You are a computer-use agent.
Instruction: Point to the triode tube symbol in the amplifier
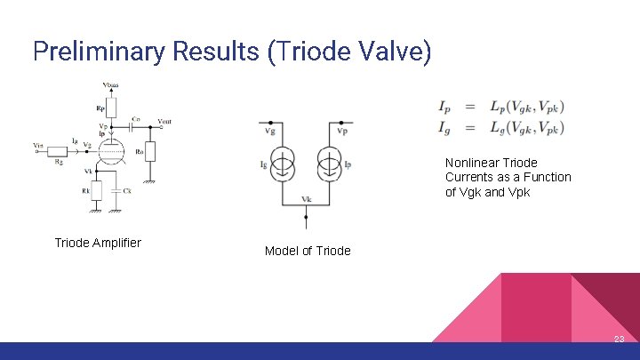click(109, 151)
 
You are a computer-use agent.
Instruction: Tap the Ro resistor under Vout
click(150, 151)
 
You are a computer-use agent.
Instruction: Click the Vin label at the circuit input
click(36, 144)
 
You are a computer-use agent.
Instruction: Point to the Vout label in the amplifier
click(164, 121)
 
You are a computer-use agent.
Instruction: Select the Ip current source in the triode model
click(328, 164)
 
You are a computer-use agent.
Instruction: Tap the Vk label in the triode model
click(306, 198)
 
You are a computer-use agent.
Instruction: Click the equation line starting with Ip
click(500, 107)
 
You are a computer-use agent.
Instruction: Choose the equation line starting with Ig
click(500, 129)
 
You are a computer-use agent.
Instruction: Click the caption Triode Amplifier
click(98, 243)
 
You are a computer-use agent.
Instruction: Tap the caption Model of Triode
click(308, 251)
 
